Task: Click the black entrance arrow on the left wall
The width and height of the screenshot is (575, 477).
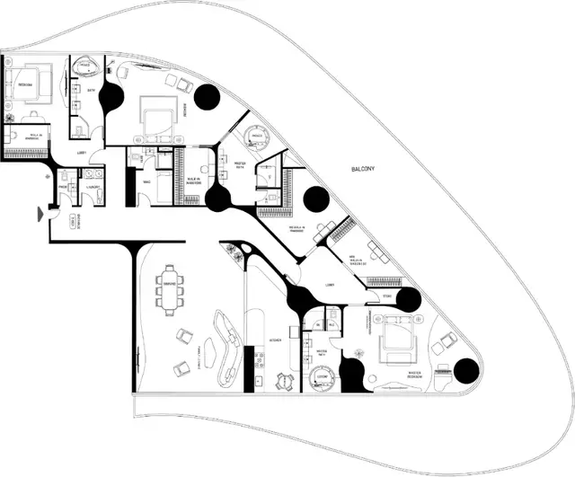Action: (38, 213)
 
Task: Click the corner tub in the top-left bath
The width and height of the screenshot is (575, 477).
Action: (87, 67)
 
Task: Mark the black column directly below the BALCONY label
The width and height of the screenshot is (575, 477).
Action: (316, 199)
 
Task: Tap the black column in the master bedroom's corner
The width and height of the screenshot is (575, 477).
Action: (465, 369)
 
